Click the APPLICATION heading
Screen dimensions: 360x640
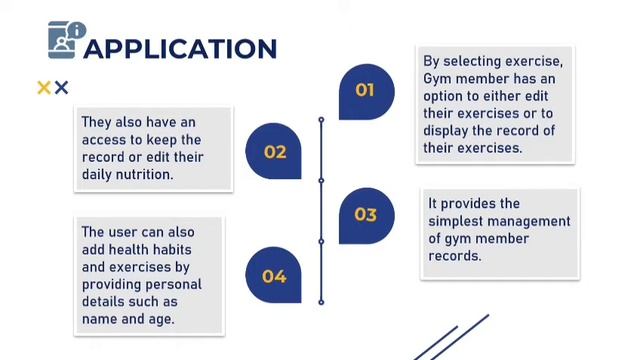tap(180, 48)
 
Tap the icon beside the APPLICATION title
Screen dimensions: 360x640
tap(66, 39)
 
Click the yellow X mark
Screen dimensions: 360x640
tap(44, 88)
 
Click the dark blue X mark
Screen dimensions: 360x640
tap(61, 88)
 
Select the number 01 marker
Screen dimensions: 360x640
tap(365, 90)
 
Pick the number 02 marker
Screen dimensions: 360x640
tap(274, 152)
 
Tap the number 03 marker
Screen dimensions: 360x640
tap(365, 214)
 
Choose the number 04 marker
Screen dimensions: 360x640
tap(274, 276)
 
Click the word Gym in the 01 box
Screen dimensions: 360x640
tap(438, 79)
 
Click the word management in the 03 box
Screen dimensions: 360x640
tap(534, 221)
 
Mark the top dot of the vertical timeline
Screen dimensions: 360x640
tap(321, 120)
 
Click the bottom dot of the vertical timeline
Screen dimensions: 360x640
tap(321, 301)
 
